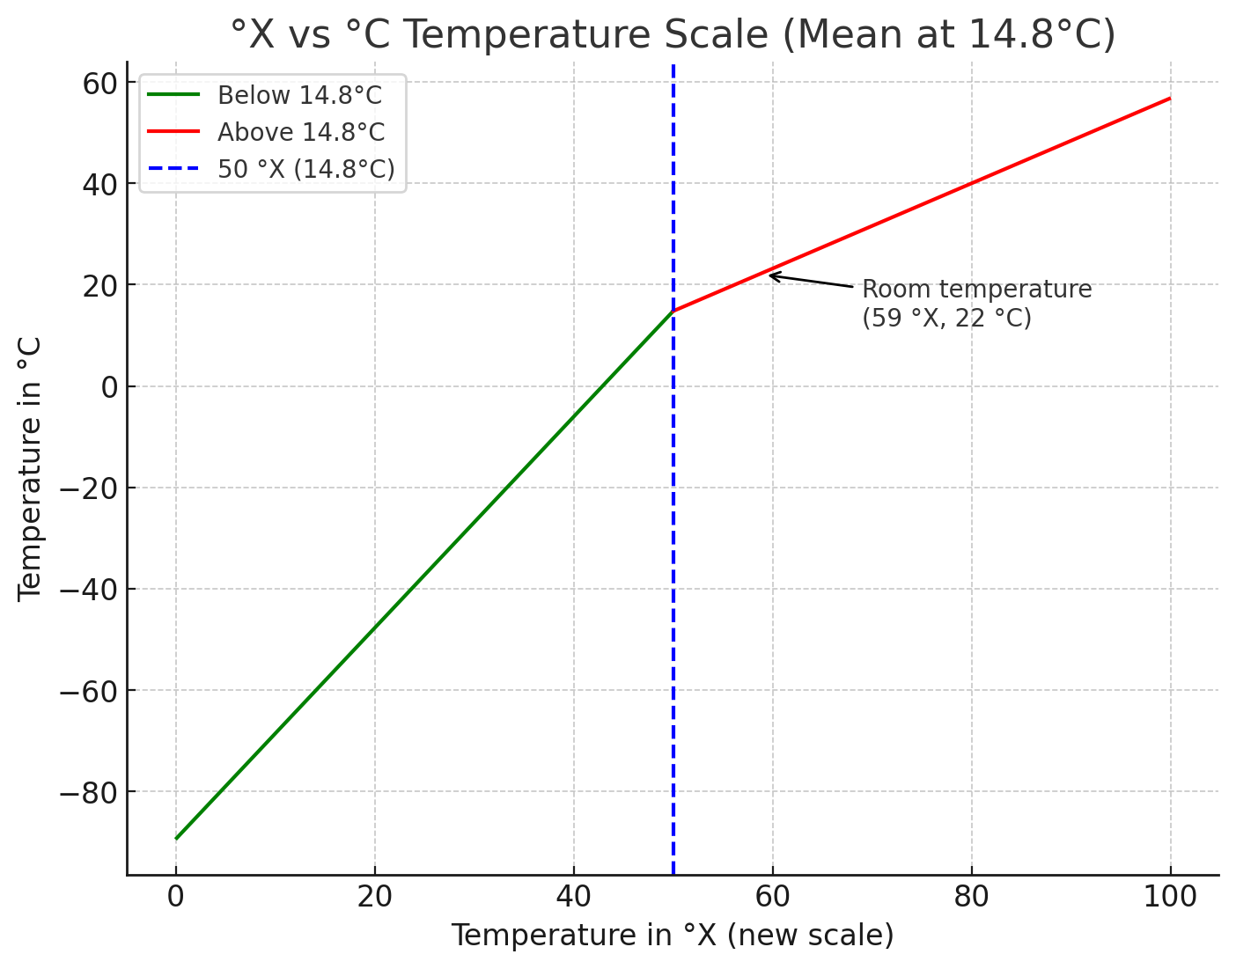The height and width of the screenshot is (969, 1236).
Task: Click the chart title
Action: point(673,35)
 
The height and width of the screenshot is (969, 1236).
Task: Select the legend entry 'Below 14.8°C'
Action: point(299,95)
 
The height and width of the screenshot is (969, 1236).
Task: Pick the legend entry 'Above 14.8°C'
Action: point(300,132)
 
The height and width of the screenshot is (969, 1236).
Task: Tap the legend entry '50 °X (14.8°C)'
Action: point(305,169)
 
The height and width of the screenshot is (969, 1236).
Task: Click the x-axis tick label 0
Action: point(176,897)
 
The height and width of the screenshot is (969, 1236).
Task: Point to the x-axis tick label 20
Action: point(375,897)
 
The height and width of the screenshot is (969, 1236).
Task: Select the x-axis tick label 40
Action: point(574,897)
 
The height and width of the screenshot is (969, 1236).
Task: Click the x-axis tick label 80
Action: point(972,897)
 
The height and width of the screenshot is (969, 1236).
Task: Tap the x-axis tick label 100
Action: point(1170,897)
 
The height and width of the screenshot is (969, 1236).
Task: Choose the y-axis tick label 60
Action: point(98,83)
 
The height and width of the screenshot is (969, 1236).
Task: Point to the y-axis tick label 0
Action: point(108,386)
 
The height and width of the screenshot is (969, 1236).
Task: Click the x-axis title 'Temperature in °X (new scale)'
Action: point(673,936)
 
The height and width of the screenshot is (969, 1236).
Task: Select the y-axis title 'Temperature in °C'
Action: point(30,468)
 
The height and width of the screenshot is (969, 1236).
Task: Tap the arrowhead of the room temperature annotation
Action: point(770,275)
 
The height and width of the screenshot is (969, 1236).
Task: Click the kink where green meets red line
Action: point(673,311)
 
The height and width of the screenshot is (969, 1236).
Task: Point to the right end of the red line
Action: point(1170,98)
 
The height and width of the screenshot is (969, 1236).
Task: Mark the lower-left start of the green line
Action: point(176,839)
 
